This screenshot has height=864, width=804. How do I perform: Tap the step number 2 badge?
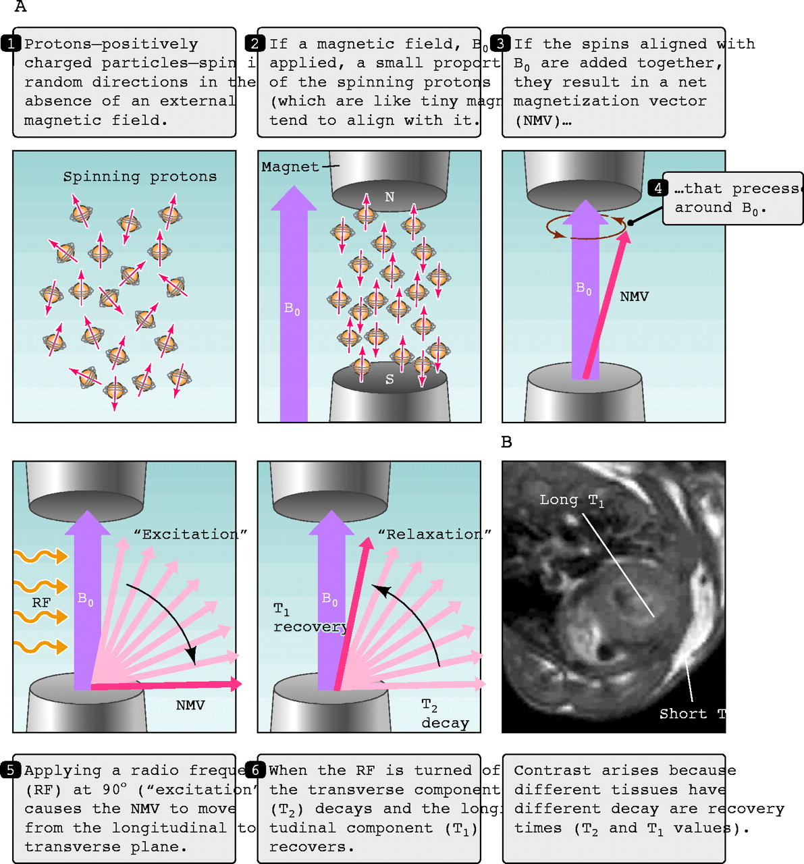pyautogui.click(x=255, y=45)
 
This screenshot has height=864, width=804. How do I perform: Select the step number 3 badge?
pyautogui.click(x=500, y=45)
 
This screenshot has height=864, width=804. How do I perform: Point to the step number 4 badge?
pyautogui.click(x=657, y=189)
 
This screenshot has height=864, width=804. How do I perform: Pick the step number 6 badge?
pyautogui.click(x=255, y=771)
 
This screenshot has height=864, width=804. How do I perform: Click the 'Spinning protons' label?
pyautogui.click(x=140, y=177)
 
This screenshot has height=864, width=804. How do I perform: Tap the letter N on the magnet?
pyautogui.click(x=390, y=197)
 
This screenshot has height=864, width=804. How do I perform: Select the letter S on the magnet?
pyautogui.click(x=390, y=379)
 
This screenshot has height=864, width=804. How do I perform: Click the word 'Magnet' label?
pyautogui.click(x=290, y=167)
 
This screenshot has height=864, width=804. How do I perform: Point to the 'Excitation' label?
pyautogui.click(x=190, y=535)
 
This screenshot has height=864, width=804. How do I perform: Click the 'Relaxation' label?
pyautogui.click(x=434, y=535)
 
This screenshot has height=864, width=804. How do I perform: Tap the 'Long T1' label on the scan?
pyautogui.click(x=571, y=501)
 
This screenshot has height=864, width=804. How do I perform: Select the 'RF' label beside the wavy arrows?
pyautogui.click(x=41, y=603)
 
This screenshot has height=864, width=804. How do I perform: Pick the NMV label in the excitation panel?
pyautogui.click(x=190, y=705)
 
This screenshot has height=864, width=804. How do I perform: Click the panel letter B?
pyautogui.click(x=507, y=442)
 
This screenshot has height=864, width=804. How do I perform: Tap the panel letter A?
pyautogui.click(x=20, y=7)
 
